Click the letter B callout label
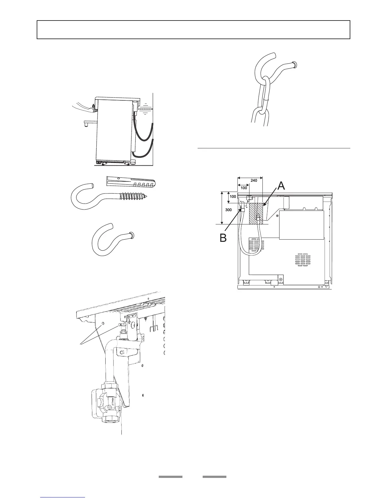tap(223, 237)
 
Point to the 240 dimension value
tap(254, 181)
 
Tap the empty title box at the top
tap(193, 30)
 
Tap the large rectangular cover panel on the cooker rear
tap(302, 225)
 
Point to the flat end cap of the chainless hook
tap(132, 235)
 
